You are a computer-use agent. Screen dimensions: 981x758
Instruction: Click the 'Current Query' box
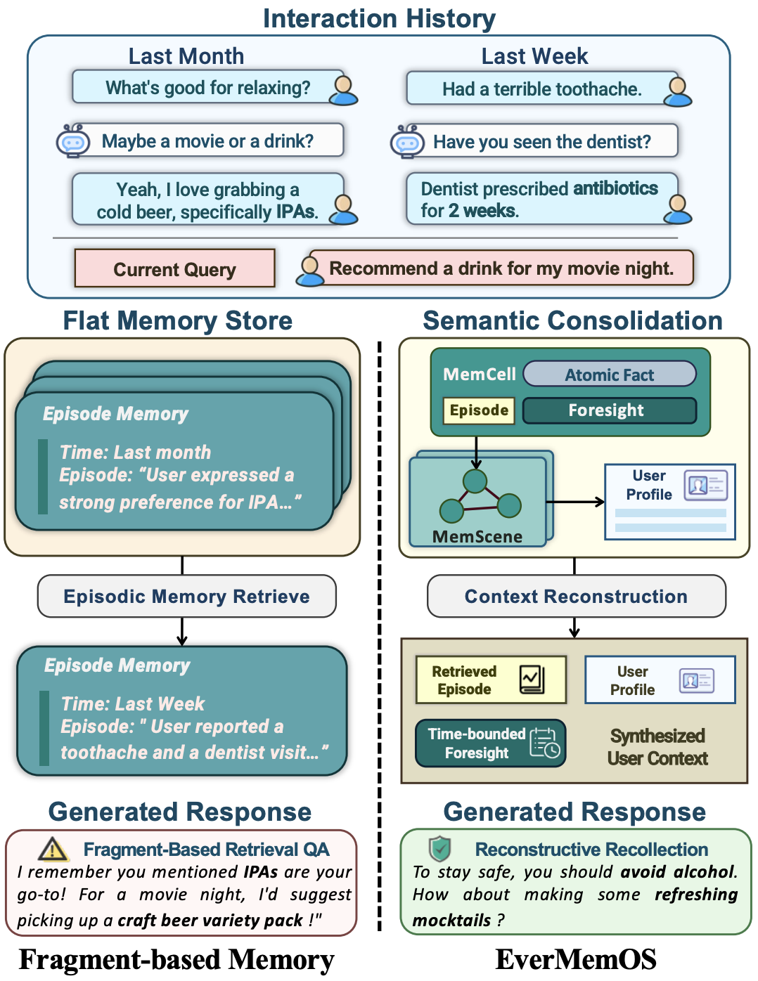(174, 268)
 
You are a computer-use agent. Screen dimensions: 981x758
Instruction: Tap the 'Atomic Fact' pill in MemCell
(609, 375)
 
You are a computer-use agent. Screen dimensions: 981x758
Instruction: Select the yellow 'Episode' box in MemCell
(479, 410)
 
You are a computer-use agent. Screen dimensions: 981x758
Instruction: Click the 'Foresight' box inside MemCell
(609, 410)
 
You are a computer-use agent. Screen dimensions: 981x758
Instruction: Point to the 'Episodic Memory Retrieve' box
(186, 597)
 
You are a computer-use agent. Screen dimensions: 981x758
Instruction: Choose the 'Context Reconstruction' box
(576, 597)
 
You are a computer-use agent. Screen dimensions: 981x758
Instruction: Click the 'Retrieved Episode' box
(490, 680)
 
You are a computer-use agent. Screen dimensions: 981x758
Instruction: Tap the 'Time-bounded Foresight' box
(490, 743)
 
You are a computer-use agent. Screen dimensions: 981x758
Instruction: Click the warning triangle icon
(53, 850)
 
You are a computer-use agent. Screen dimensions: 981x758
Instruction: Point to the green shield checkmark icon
(440, 849)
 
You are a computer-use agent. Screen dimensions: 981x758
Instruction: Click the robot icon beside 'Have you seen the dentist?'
(407, 141)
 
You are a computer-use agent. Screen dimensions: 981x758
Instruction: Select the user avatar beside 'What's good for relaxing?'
(344, 90)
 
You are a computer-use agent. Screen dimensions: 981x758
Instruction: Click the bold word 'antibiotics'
(615, 188)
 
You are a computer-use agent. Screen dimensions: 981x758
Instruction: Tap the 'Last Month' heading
(186, 56)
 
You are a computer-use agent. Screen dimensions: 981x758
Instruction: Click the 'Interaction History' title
(379, 18)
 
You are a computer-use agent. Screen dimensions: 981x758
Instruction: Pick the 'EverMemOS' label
(576, 960)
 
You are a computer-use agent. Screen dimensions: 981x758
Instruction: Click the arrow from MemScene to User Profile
(575, 502)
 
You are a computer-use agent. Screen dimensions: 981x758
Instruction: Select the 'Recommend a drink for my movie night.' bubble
(501, 268)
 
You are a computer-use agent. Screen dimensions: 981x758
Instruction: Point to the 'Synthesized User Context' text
(657, 747)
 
